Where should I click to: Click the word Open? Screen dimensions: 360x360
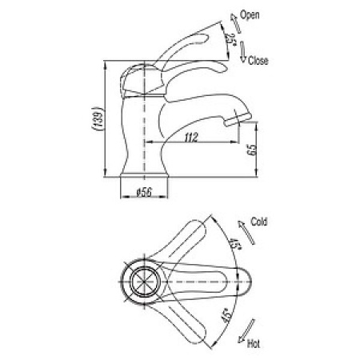(x=250, y=15)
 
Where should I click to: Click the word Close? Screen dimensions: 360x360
(x=258, y=61)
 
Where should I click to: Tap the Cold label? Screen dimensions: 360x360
(x=258, y=222)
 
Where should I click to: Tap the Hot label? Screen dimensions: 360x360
(x=254, y=343)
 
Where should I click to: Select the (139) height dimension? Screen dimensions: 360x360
(x=98, y=118)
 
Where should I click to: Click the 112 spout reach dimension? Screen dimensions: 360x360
(x=191, y=138)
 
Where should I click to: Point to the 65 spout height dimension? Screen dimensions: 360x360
(x=252, y=150)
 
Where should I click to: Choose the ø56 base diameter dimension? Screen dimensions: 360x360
(x=144, y=192)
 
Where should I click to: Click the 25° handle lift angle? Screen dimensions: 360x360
(x=231, y=39)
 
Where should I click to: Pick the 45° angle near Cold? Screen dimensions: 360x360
(x=234, y=243)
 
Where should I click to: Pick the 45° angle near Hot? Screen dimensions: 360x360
(x=226, y=317)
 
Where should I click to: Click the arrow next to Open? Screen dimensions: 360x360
(x=235, y=24)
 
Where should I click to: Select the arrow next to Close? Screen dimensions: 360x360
(x=242, y=52)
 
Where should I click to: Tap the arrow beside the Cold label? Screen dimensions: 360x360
(x=246, y=233)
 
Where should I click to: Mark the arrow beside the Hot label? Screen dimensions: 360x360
(x=246, y=331)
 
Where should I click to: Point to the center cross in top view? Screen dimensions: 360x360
(x=144, y=282)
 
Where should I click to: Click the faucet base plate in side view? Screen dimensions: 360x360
(x=144, y=175)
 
